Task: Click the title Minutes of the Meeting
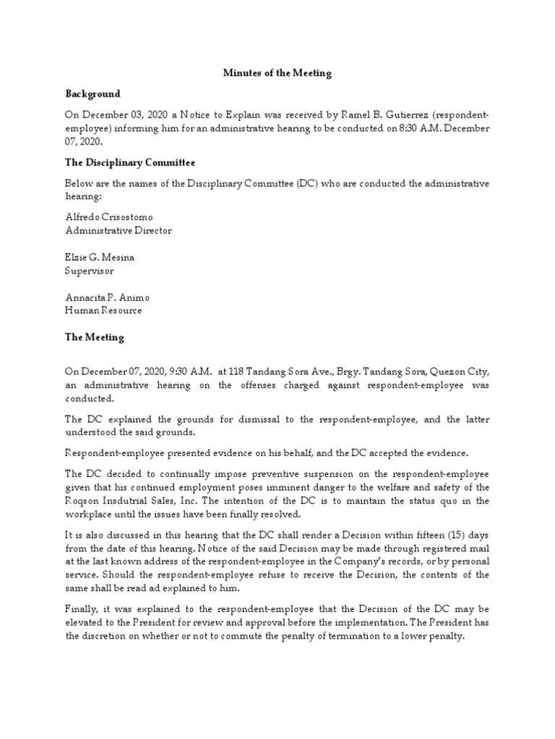click(x=277, y=73)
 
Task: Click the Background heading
click(x=92, y=94)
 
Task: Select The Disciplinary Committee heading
click(x=130, y=162)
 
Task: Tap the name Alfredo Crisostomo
click(x=109, y=217)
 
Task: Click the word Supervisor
click(x=90, y=271)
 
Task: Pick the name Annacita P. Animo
click(x=108, y=297)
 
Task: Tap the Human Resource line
click(x=103, y=311)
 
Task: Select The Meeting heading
click(x=95, y=337)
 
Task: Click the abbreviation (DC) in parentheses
click(x=306, y=183)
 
